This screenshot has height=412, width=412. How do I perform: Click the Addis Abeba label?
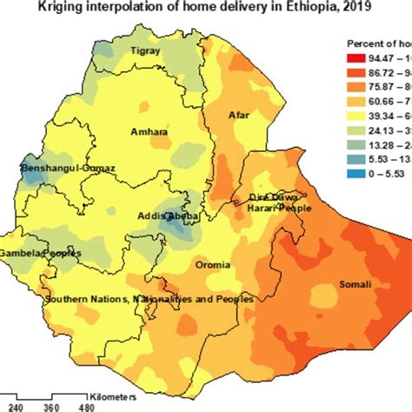point(169,216)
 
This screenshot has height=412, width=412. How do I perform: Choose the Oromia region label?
point(214,264)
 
